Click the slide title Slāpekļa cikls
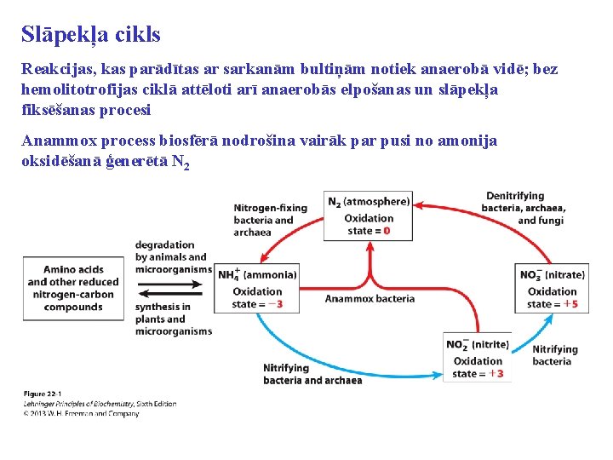click(91, 35)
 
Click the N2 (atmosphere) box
click(369, 216)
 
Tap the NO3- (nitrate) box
click(552, 289)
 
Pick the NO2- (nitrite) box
click(478, 359)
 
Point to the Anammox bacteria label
click(370, 298)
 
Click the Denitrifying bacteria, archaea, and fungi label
click(524, 208)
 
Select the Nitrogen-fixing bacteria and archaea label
click(270, 220)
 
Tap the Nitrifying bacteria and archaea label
click(312, 374)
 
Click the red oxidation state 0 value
click(387, 230)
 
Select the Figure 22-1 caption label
click(43, 394)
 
